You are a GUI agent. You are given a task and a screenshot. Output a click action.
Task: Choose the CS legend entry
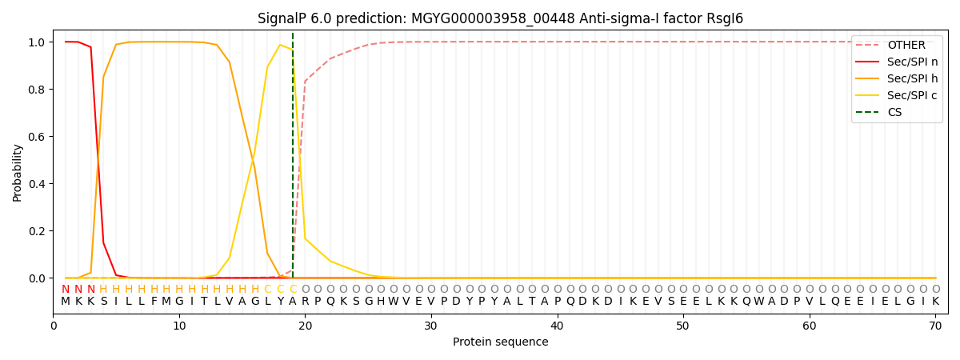click(894, 112)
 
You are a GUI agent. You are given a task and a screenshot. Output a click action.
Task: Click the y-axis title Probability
click(18, 172)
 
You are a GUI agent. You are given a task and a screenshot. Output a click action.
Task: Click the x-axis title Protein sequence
click(500, 342)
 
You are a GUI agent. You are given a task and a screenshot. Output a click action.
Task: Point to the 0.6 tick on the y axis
click(36, 137)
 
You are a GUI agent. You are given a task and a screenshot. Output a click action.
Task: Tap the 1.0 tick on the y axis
click(36, 42)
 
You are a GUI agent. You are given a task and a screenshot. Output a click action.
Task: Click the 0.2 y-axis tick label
click(36, 231)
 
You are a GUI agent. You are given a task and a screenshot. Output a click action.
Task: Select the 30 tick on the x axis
click(431, 326)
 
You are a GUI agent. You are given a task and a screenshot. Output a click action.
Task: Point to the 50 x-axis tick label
click(683, 326)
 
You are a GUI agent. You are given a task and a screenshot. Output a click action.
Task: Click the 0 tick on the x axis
click(54, 326)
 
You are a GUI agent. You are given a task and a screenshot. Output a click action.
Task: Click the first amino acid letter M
click(66, 302)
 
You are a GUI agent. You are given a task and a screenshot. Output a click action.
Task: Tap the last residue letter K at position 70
click(935, 302)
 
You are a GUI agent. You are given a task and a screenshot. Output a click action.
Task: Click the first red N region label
click(66, 289)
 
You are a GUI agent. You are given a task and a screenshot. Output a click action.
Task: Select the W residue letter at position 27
click(394, 302)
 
